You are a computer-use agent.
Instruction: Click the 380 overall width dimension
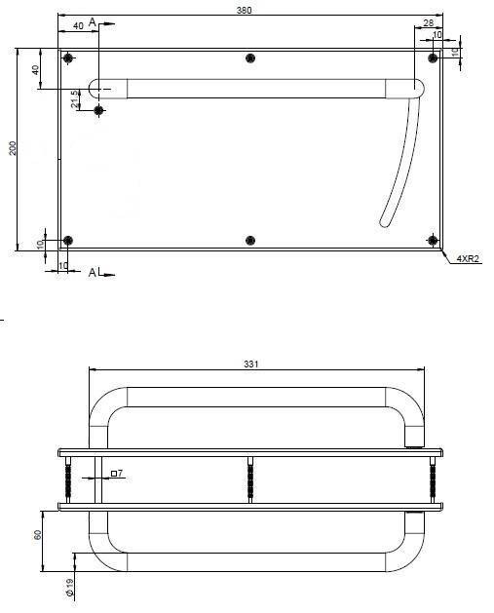click(x=244, y=10)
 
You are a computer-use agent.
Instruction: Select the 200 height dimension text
click(x=13, y=148)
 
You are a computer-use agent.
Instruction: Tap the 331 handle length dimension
click(x=251, y=364)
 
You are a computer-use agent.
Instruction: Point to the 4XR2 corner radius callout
click(x=468, y=258)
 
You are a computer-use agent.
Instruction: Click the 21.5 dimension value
click(x=75, y=98)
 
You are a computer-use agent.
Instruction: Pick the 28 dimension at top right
click(x=429, y=23)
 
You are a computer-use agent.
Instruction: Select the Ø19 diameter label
click(x=69, y=588)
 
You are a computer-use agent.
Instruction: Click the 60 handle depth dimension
click(x=38, y=534)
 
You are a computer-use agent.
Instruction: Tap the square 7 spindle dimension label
click(x=117, y=473)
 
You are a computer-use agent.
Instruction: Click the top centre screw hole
click(x=250, y=58)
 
